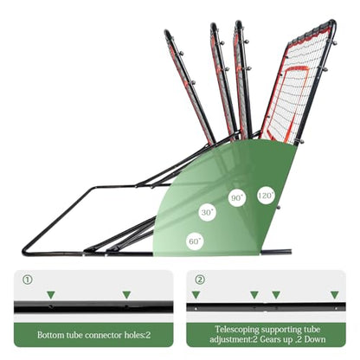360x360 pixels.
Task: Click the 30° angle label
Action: click(208, 212)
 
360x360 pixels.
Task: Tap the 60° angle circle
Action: click(195, 241)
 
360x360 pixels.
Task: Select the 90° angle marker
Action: click(237, 198)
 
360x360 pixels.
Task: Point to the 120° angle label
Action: click(266, 196)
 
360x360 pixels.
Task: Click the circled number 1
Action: click(28, 280)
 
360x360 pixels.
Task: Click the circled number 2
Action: click(200, 280)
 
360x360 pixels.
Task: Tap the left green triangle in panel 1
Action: click(51, 295)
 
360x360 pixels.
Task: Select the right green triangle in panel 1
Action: click(126, 295)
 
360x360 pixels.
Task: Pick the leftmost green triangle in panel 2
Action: click(196, 295)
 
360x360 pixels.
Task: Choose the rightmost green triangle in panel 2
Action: click(335, 295)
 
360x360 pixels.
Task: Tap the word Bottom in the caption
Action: click(50, 335)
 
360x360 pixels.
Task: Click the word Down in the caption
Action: click(315, 339)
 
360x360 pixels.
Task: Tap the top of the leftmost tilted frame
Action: click(167, 31)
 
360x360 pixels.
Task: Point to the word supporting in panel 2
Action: click(281, 330)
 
